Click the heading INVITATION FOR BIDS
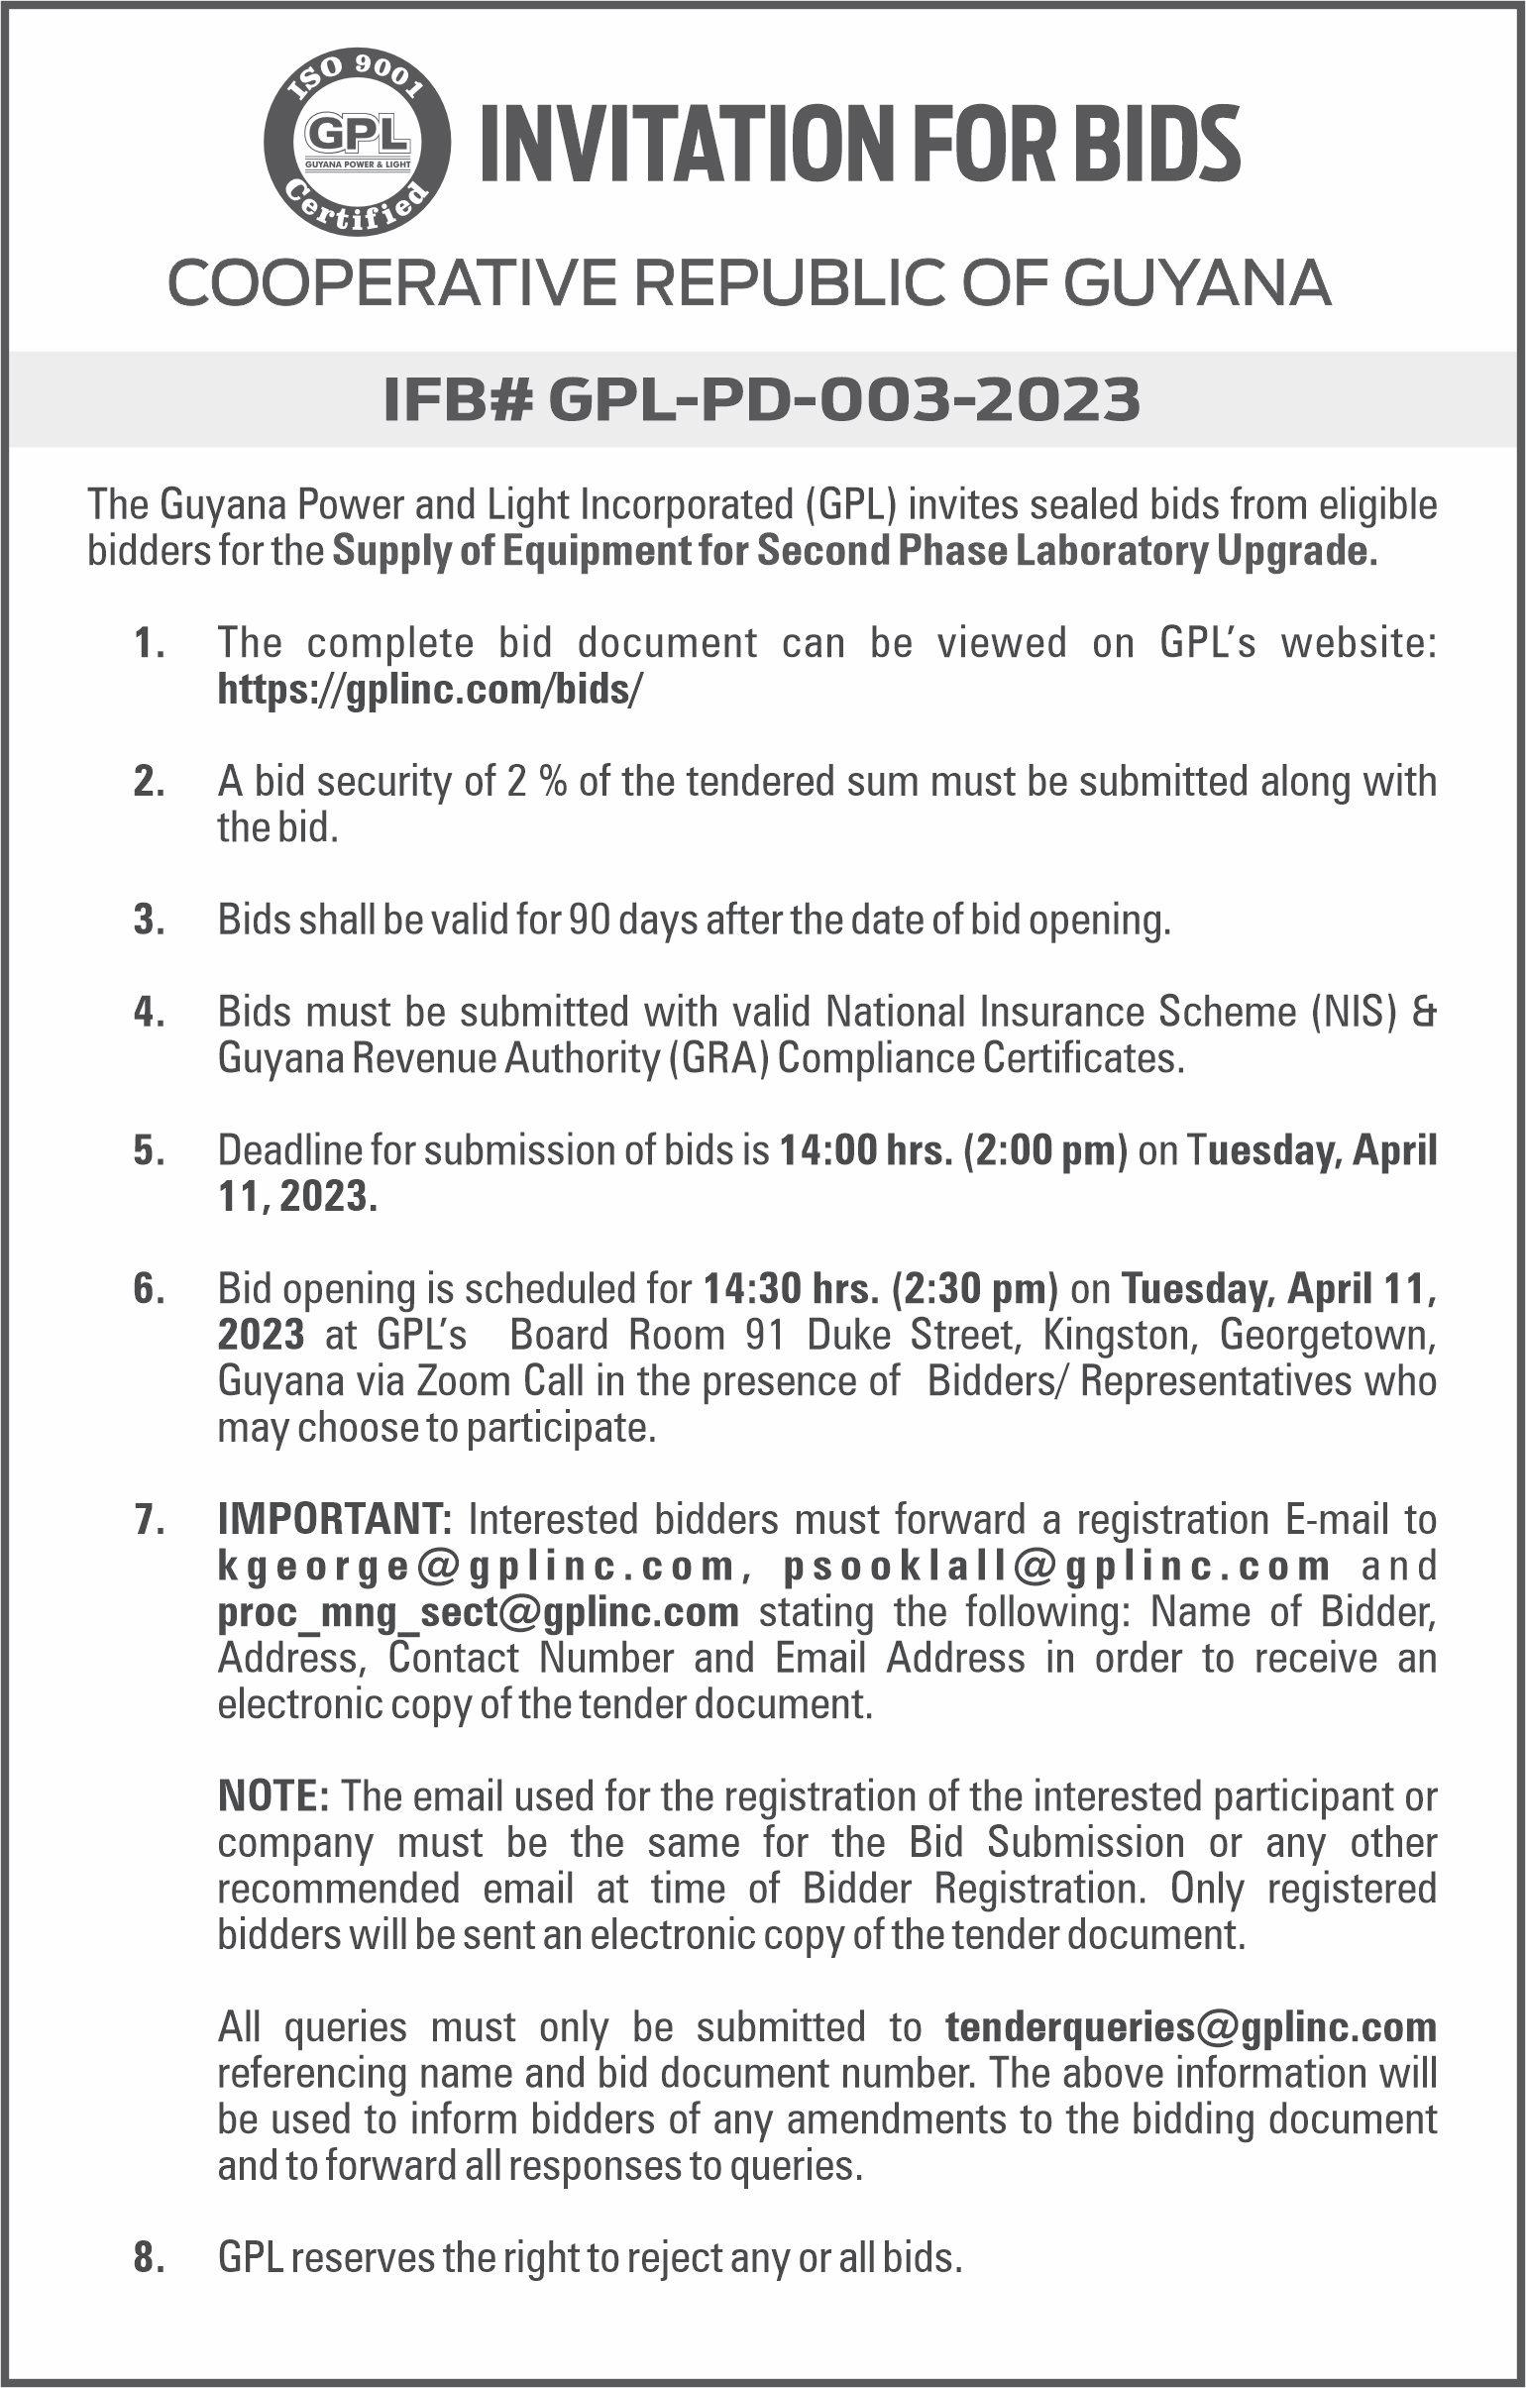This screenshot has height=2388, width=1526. [859, 145]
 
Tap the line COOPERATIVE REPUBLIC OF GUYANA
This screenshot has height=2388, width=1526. [749, 283]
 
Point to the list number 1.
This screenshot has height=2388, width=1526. [149, 645]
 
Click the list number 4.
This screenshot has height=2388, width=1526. [149, 1014]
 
